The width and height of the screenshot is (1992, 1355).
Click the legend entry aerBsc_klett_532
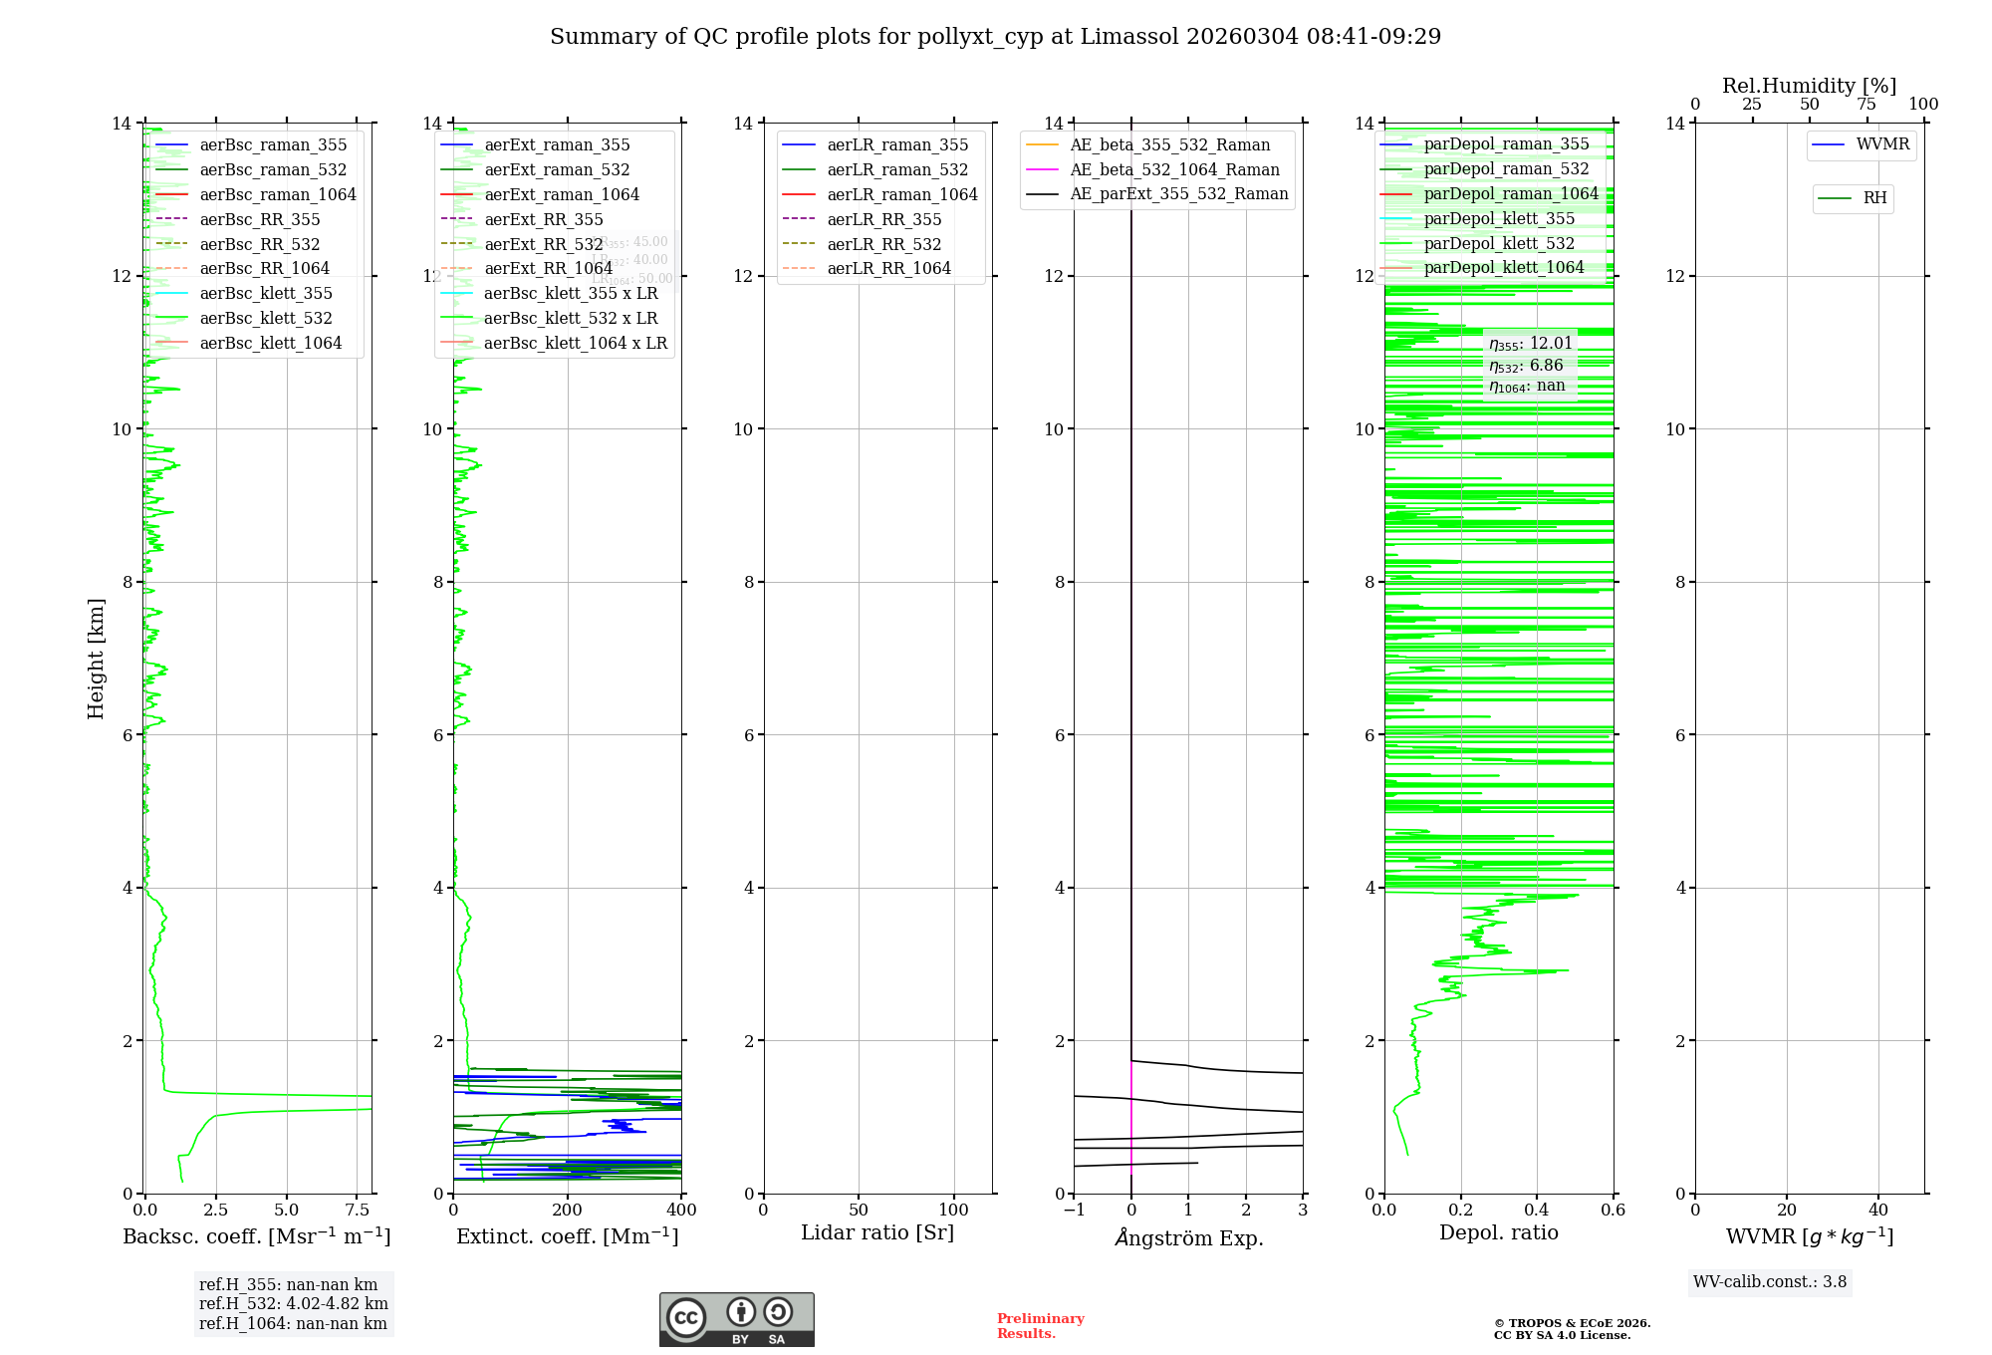pos(265,318)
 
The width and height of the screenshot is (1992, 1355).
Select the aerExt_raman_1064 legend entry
pos(561,194)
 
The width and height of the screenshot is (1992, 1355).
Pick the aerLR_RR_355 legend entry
pos(883,219)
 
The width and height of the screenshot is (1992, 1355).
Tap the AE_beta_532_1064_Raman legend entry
pos(1174,169)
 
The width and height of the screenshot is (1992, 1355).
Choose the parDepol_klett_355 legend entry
pos(1499,218)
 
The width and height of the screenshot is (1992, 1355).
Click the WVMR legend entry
pos(1882,144)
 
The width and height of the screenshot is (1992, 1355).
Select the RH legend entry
pos(1874,198)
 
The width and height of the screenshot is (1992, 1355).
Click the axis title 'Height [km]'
pos(96,659)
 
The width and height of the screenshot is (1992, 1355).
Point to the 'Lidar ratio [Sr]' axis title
pos(877,1232)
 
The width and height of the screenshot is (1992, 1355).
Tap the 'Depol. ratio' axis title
pos(1498,1232)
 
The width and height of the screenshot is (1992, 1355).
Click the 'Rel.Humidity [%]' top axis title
pos(1809,86)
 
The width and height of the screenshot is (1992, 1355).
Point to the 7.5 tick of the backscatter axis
pos(357,1211)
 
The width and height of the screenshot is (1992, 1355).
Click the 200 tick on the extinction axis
pos(567,1211)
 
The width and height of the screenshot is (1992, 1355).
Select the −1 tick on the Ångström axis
pos(1074,1211)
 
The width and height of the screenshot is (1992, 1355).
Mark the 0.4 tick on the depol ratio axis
pos(1537,1211)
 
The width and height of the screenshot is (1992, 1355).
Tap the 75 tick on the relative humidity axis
pos(1867,105)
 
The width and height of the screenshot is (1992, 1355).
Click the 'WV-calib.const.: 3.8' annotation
pos(1770,1282)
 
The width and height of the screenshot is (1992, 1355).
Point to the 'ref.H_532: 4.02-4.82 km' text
pos(293,1304)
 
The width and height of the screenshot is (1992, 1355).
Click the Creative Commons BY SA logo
pos(736,1320)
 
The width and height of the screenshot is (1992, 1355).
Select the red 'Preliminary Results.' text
pos(1040,1326)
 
